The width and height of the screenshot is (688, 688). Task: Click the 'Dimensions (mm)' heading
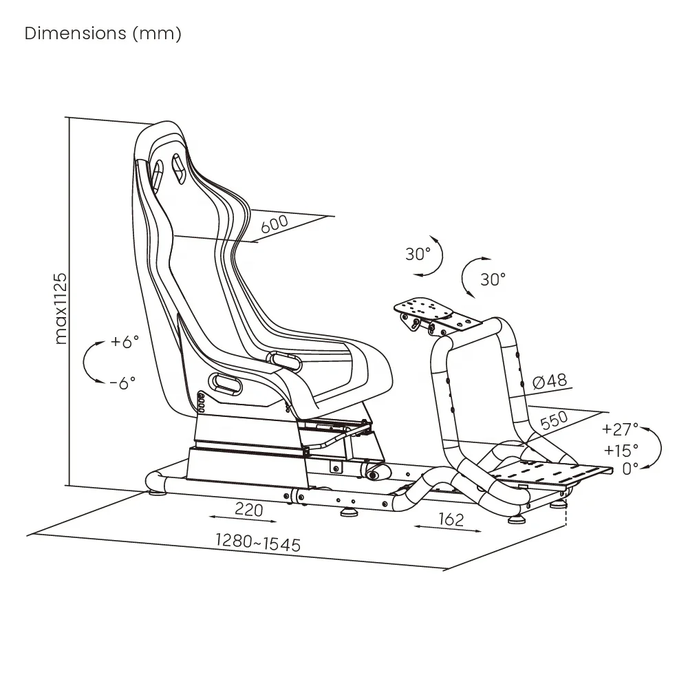[103, 34]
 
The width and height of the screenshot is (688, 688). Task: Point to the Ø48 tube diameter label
[550, 380]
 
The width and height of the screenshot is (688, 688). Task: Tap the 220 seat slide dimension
[249, 510]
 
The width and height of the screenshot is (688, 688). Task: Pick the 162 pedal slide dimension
[450, 519]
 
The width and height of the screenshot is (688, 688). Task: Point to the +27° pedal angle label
[620, 429]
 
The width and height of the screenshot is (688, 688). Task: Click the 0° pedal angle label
[630, 468]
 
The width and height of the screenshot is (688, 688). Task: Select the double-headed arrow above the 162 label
[447, 527]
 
